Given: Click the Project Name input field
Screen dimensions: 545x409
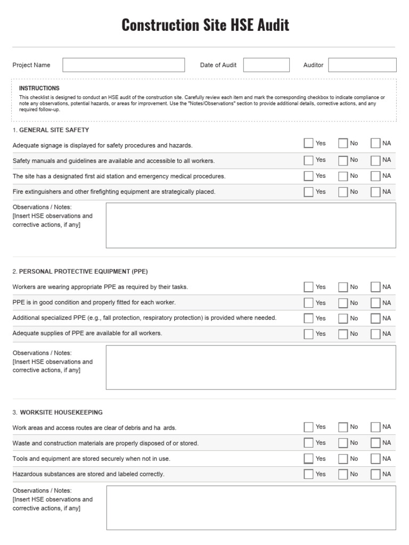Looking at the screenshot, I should pos(124,65).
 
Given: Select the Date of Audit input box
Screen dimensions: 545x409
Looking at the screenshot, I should pos(266,65).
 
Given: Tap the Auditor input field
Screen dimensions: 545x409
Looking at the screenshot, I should pos(362,65).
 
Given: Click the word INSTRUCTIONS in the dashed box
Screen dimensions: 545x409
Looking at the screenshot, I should pos(39,88).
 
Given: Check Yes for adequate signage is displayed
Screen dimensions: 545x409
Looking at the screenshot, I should pos(308,143).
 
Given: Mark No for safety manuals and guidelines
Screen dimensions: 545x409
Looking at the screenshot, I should pos(343,160).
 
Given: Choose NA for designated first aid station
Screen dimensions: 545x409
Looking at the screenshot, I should pos(375,176).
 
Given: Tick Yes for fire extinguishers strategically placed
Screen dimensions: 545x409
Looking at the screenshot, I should pos(308,192).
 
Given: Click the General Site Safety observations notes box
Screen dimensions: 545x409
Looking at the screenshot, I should pos(251,225).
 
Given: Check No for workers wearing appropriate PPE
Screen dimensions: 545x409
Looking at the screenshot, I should pos(343,287).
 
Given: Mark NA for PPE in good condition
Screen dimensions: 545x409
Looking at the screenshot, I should pos(375,303).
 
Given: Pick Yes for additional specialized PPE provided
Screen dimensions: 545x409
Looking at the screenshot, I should pos(308,318).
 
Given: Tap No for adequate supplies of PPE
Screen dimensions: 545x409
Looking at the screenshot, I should pos(343,334).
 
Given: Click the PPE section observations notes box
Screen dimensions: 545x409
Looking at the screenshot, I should pos(251,367).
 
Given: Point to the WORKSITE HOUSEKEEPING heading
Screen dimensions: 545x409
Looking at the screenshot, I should pos(61,412).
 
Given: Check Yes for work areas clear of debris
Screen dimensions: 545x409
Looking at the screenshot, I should pos(308,427).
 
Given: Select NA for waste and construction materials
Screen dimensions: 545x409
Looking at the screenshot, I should pos(375,443).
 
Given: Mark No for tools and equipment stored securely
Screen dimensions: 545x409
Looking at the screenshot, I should pos(343,459).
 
